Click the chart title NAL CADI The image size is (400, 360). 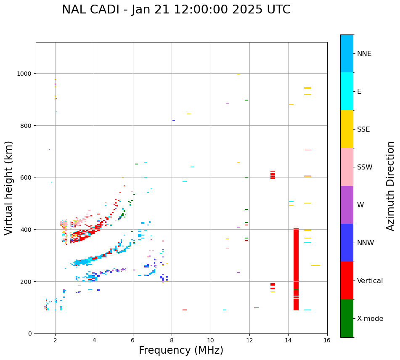176,10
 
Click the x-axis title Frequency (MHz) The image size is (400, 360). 181,350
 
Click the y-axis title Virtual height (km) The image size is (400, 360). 9,188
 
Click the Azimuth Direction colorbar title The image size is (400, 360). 391,186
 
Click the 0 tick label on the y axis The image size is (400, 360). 30,334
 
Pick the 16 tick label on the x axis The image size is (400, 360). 327,341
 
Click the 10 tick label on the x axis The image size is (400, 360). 211,341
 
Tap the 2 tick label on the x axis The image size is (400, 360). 55,341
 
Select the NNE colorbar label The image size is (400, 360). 364,54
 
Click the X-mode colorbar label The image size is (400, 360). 370,319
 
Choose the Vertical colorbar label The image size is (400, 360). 370,281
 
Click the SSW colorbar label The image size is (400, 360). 365,167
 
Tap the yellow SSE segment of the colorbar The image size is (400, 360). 347,129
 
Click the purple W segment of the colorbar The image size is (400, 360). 347,205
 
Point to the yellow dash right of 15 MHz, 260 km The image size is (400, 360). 315,265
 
